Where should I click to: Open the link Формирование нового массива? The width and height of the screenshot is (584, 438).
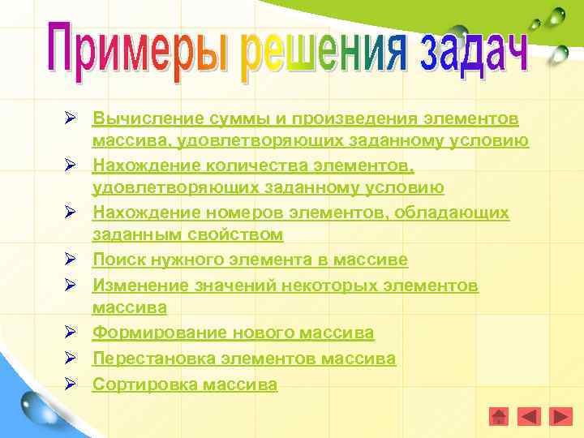(x=233, y=333)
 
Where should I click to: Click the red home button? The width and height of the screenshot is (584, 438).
(x=500, y=416)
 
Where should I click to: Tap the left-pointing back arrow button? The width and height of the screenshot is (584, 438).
(x=529, y=416)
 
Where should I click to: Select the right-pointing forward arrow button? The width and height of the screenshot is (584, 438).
(x=560, y=416)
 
